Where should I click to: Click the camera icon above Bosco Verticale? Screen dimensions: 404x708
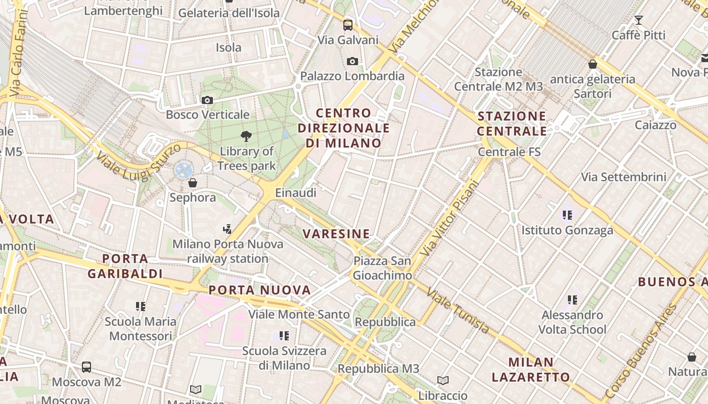207,100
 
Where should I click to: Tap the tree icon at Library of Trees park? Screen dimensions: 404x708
246,136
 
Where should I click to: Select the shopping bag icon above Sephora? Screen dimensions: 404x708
192,182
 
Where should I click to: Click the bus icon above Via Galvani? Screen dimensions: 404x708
348,25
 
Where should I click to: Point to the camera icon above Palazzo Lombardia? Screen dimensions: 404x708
352,61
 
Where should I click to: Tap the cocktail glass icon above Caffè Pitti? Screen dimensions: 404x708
639,20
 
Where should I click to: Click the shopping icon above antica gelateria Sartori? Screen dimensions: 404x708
592,64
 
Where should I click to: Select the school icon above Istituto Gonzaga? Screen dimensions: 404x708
567,215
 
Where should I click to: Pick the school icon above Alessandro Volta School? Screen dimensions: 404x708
572,300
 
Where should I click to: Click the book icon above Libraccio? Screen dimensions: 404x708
443,380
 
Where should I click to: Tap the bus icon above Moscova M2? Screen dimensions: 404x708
86,367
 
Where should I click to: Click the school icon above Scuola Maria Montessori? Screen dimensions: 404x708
141,306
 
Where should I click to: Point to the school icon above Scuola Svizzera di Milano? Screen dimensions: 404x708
284,335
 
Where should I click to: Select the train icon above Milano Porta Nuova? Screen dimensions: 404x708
228,229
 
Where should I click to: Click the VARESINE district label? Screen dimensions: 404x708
336,233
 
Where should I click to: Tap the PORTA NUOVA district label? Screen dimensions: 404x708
259,290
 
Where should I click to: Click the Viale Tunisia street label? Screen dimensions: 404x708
458,310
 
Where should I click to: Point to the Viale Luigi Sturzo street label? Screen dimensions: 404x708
138,161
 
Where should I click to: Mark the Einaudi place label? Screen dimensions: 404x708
295,192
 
